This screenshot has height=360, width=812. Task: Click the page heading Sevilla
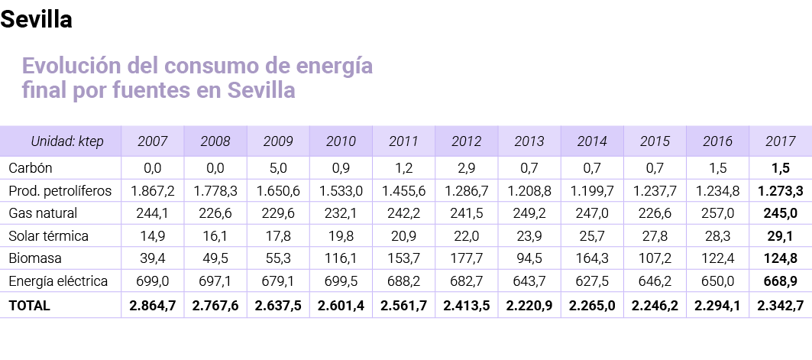click(36, 20)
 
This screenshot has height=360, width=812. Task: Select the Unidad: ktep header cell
click(66, 141)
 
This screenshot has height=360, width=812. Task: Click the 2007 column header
click(152, 141)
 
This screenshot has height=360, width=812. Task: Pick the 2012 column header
click(466, 141)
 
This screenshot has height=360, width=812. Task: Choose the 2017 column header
click(780, 141)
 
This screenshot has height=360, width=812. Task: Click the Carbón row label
click(30, 167)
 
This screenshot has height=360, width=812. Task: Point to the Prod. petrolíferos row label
click(60, 190)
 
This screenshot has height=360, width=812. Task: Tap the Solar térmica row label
click(48, 236)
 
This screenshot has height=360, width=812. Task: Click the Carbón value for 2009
click(277, 167)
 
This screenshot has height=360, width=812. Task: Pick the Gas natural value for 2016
click(717, 213)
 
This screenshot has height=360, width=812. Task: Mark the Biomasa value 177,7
click(466, 259)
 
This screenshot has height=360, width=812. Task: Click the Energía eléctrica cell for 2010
click(341, 282)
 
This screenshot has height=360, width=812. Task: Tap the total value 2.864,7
click(152, 306)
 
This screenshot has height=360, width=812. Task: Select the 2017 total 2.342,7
click(780, 306)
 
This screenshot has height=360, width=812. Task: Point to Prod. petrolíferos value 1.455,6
click(403, 190)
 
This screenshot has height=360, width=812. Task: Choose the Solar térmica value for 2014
click(591, 236)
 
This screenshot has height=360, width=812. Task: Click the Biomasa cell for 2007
click(152, 259)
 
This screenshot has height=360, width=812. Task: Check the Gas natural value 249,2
click(529, 213)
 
